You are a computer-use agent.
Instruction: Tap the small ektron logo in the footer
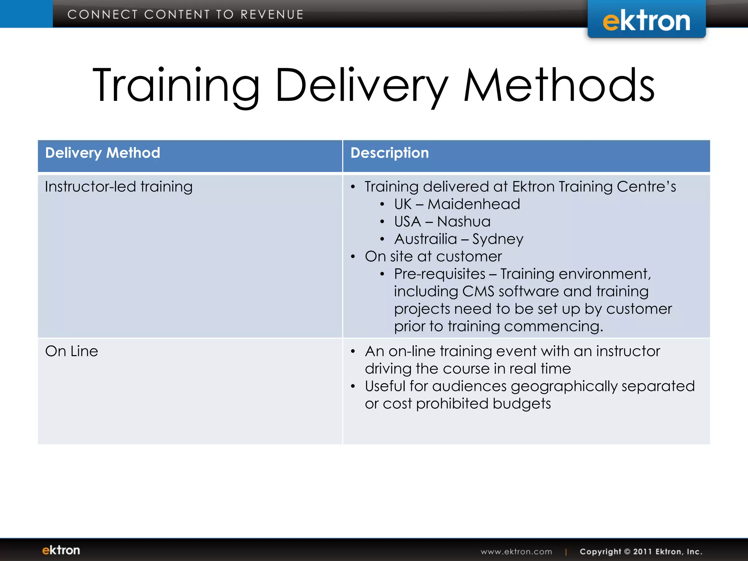61,550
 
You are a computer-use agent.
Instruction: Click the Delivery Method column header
103,153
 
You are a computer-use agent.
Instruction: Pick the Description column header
389,153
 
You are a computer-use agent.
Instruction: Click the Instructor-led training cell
119,187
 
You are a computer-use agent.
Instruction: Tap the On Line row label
72,351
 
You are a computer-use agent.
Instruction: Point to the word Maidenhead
474,204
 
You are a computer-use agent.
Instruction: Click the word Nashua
463,222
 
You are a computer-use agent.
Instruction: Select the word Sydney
497,240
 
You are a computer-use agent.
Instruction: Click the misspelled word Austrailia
425,239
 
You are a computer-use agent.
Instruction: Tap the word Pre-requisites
439,274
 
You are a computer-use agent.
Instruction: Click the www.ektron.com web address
516,552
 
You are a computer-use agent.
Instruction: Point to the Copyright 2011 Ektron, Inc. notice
641,552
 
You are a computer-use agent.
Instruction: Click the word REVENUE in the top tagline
272,15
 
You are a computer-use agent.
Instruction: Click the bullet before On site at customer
353,257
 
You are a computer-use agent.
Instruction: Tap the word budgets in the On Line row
522,404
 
